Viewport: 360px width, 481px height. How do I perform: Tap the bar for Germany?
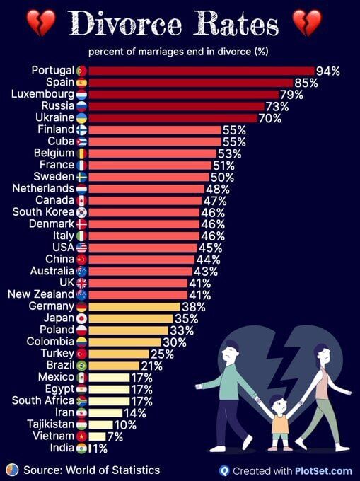(134, 306)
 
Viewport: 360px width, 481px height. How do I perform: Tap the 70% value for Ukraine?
(270, 118)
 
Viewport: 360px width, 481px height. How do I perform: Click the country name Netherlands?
(43, 189)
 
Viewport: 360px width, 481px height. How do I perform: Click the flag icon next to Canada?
(81, 201)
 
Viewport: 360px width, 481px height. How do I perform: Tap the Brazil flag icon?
(81, 366)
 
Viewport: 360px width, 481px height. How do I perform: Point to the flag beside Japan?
(81, 318)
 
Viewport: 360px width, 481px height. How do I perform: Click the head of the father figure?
(231, 350)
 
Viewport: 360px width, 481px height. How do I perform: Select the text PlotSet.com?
(327, 470)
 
